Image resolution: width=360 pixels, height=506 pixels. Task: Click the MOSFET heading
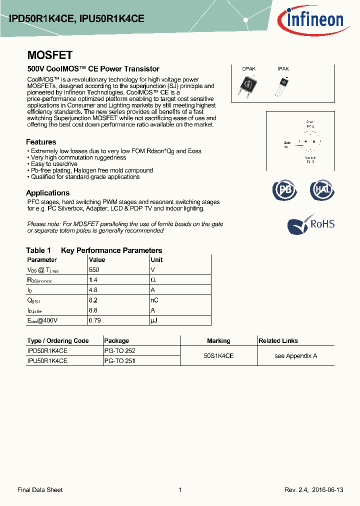(49, 55)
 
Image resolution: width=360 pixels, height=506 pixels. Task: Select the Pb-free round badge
(284, 190)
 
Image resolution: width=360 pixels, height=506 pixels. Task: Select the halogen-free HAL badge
(321, 190)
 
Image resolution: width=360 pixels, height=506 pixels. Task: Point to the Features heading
(41, 142)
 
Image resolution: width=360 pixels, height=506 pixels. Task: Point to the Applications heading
(47, 193)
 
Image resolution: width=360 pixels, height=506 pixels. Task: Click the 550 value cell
(94, 269)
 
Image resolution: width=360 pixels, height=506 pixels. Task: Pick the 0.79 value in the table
(95, 320)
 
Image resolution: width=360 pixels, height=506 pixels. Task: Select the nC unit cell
(154, 300)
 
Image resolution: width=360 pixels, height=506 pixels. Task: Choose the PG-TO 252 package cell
(119, 351)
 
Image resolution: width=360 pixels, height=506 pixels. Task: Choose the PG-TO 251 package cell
(119, 360)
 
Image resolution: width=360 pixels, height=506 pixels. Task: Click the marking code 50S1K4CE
(218, 355)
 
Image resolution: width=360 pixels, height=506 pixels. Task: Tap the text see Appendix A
(295, 355)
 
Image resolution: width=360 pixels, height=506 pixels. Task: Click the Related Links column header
(278, 340)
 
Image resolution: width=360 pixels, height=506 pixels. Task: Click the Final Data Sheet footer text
(40, 490)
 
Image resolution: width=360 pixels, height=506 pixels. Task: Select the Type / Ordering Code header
(58, 340)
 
